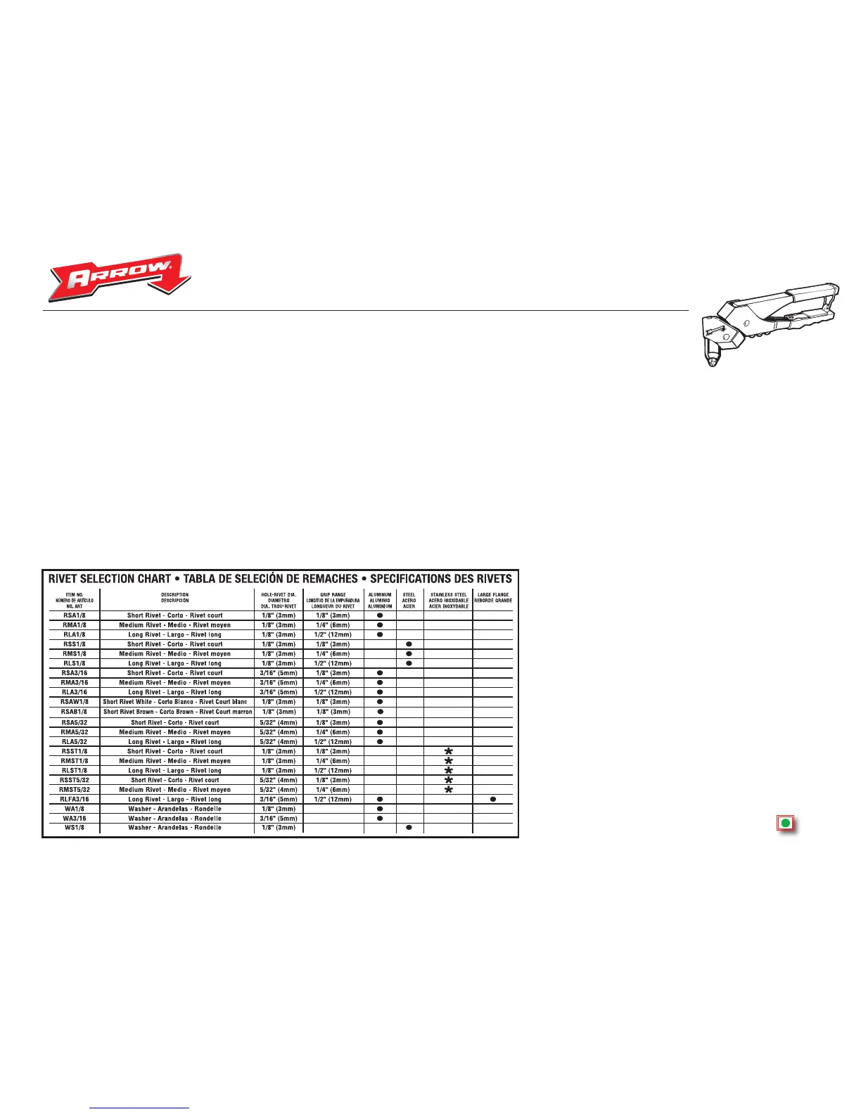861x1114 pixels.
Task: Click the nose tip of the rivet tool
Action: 713,363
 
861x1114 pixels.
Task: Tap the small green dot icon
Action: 785,823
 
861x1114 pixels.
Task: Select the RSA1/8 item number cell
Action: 74,615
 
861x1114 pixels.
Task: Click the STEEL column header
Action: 409,600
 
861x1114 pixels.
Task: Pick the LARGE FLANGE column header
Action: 493,597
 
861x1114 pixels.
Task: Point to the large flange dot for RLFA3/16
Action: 493,799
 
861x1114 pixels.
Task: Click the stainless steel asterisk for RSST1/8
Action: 448,751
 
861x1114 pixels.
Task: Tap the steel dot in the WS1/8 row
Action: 409,828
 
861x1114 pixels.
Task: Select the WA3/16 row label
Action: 74,819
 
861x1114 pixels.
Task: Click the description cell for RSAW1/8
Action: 175,702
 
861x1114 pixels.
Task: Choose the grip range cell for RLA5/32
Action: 333,742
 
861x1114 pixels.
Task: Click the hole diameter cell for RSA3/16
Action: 279,673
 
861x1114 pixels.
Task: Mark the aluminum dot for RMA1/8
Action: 380,625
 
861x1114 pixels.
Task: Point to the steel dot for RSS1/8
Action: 409,644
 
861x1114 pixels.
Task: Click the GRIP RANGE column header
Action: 333,600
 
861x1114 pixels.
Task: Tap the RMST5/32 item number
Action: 74,790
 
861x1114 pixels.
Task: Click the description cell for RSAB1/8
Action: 177,712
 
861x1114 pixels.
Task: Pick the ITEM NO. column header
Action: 74,600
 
